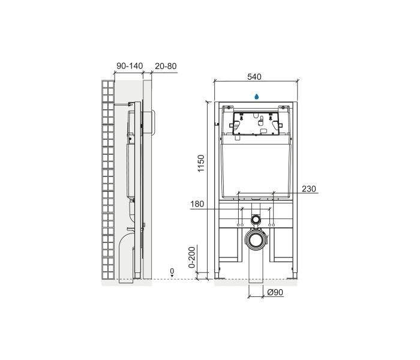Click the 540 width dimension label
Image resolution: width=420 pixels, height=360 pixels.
tap(254, 77)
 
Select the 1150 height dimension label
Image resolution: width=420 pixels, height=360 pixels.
tap(201, 163)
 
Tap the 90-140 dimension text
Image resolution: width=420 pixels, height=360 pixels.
tap(130, 66)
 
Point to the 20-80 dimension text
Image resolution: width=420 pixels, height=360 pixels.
tap(166, 66)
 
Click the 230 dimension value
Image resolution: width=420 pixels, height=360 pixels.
tap(309, 189)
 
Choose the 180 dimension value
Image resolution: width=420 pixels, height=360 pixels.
tap(197, 204)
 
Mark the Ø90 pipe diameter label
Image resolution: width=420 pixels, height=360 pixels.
tap(275, 292)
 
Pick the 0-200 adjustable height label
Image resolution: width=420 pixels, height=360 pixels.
tap(192, 257)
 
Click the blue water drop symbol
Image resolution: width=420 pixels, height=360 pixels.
tap(256, 97)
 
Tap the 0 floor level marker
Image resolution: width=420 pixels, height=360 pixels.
tap(172, 271)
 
